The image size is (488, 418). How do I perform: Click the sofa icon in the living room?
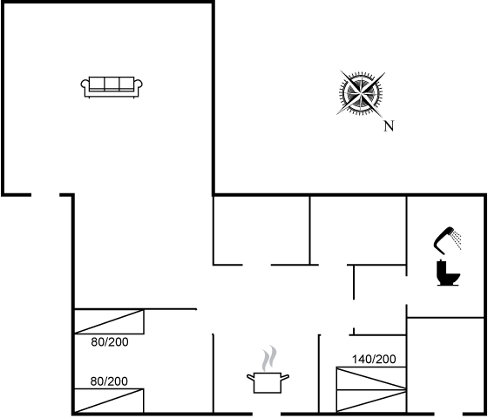coord(112,87)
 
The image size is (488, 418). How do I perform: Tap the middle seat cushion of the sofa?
coord(112,84)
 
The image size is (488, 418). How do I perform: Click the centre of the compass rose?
coord(361,93)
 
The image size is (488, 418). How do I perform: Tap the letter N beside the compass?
coord(389,126)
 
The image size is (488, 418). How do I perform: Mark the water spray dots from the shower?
coord(457,240)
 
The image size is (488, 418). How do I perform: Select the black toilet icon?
coord(448,273)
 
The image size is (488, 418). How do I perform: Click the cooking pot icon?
coord(268,382)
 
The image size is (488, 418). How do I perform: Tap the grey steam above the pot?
coord(269,358)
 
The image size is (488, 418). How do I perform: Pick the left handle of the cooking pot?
coord(251,377)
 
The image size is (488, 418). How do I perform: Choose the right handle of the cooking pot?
coord(285,377)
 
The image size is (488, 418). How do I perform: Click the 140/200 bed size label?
coord(374,359)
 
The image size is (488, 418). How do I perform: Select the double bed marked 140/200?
coord(371,390)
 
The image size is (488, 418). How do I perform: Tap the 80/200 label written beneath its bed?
coord(110,342)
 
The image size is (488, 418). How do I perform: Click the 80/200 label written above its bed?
coord(109,381)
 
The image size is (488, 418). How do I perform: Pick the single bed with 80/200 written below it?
coord(109,321)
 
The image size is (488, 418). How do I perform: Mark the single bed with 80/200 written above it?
coord(109,401)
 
